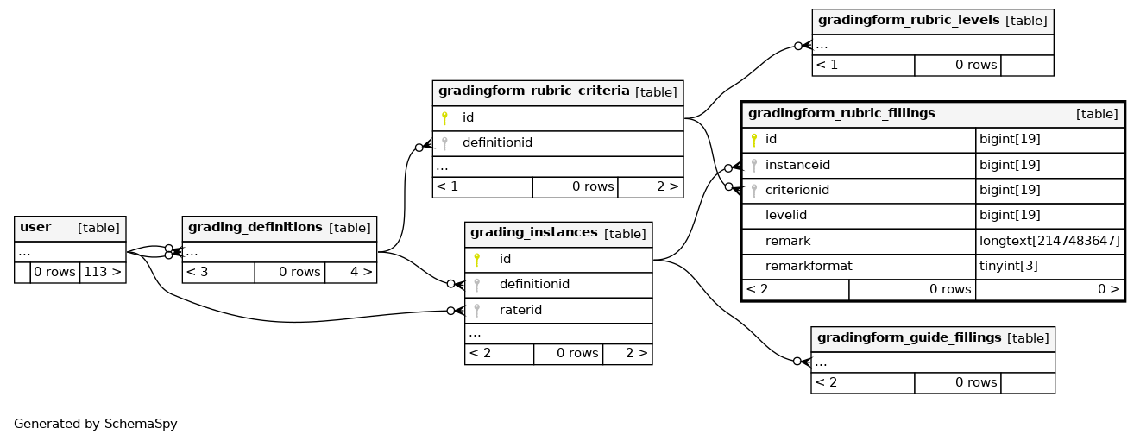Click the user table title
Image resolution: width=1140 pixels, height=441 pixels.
(x=35, y=227)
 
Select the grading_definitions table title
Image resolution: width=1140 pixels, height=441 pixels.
(x=255, y=227)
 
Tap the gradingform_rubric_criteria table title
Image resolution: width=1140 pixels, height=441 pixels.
(x=534, y=91)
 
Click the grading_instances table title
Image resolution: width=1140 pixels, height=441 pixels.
(x=534, y=233)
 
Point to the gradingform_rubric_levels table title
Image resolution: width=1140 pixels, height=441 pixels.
(x=909, y=20)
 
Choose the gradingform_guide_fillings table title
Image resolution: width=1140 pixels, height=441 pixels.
(x=909, y=337)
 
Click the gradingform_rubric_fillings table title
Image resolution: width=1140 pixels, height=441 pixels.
(x=841, y=113)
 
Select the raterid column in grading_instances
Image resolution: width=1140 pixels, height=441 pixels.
(x=520, y=310)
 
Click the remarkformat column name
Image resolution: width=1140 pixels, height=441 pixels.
(x=809, y=266)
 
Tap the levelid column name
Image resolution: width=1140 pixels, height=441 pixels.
(x=786, y=216)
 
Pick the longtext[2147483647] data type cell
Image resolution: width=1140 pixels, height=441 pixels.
(x=1049, y=241)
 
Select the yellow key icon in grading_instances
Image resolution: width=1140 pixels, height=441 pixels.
(x=477, y=260)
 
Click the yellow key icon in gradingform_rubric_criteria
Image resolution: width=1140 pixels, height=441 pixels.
(x=444, y=118)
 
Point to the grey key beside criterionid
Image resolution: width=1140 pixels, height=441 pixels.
(x=754, y=191)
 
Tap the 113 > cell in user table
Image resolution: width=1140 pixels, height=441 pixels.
(x=103, y=273)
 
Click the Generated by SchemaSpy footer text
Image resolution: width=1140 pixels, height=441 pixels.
(x=96, y=424)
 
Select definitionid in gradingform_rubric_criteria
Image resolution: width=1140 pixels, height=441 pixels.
(x=497, y=143)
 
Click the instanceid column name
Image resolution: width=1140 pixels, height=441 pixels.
(x=797, y=165)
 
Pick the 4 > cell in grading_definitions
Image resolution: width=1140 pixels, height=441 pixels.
(x=351, y=273)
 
